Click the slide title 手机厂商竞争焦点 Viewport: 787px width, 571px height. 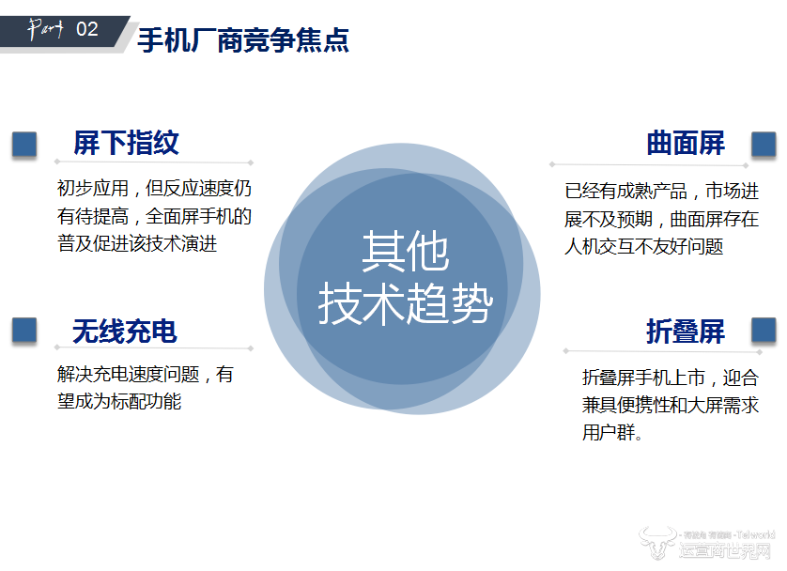tap(243, 40)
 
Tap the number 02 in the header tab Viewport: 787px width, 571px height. tap(86, 29)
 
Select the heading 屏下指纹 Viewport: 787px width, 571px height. tap(126, 143)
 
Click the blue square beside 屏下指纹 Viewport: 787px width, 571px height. tap(24, 144)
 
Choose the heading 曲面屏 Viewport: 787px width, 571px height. tap(686, 143)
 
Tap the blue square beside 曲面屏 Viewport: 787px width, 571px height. tap(764, 144)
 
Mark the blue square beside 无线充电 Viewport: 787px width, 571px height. tap(24, 330)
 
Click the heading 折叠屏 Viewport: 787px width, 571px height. tap(686, 331)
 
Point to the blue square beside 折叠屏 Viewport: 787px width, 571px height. tap(764, 330)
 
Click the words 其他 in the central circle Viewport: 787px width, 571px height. tap(405, 252)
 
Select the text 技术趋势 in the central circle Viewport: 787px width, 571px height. tap(405, 303)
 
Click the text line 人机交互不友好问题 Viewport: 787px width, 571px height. tap(644, 246)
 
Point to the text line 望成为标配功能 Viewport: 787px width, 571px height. tap(119, 401)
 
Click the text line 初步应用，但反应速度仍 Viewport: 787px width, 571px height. tap(154, 188)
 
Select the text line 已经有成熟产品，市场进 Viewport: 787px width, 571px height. tap(661, 192)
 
